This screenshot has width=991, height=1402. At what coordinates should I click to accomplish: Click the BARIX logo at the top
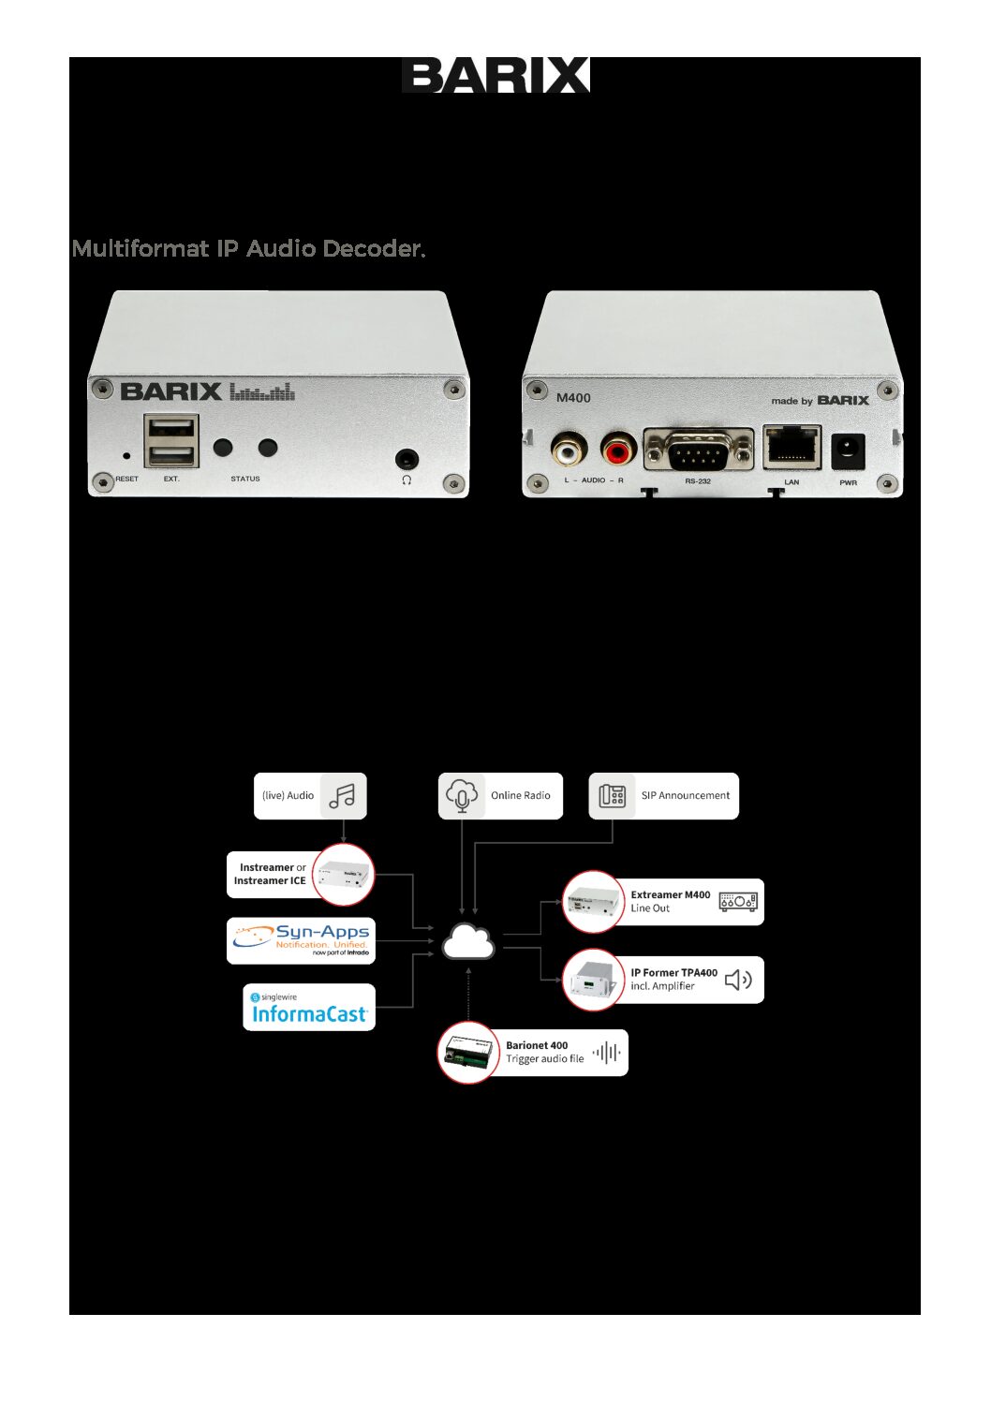(495, 76)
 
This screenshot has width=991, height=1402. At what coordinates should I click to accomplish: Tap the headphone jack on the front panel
(406, 459)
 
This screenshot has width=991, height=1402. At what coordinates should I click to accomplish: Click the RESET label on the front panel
(126, 479)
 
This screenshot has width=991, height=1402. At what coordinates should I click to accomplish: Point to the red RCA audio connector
(617, 452)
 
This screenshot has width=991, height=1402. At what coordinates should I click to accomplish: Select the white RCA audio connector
(567, 452)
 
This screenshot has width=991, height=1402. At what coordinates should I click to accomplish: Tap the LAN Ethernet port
(791, 449)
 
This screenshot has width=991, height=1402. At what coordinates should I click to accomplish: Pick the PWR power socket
(848, 451)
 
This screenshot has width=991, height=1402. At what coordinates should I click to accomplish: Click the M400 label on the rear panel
(573, 398)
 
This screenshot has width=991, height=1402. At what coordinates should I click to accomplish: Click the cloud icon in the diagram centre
(468, 942)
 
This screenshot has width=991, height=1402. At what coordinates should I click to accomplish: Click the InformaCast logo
(309, 1009)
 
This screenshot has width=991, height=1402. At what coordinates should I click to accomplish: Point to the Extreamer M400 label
(670, 895)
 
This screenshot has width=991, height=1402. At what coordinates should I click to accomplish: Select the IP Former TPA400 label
(673, 973)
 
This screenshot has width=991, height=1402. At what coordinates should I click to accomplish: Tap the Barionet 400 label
(537, 1046)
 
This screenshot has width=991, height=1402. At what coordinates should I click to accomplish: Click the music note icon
(343, 796)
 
